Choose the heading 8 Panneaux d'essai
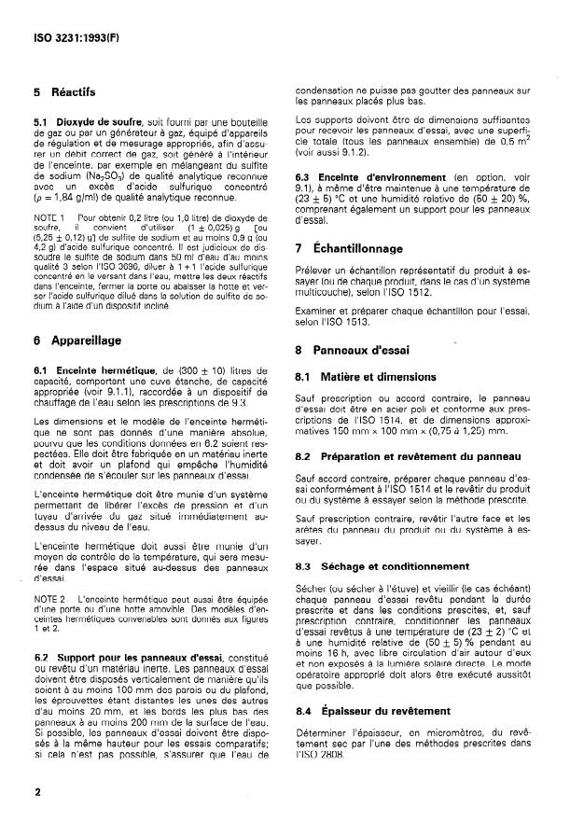pos(358,351)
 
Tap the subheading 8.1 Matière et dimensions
pos(377,378)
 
